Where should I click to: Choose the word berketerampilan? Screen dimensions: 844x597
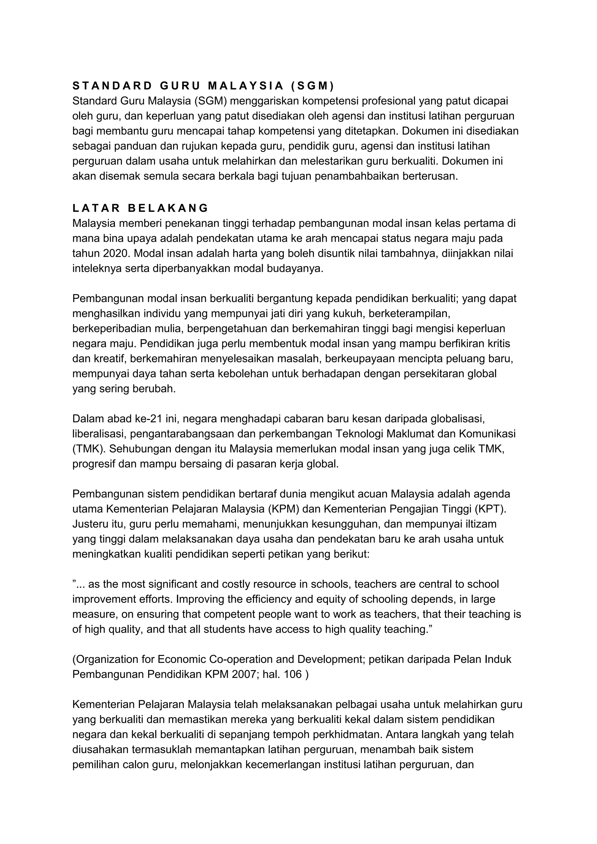coord(409,314)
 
